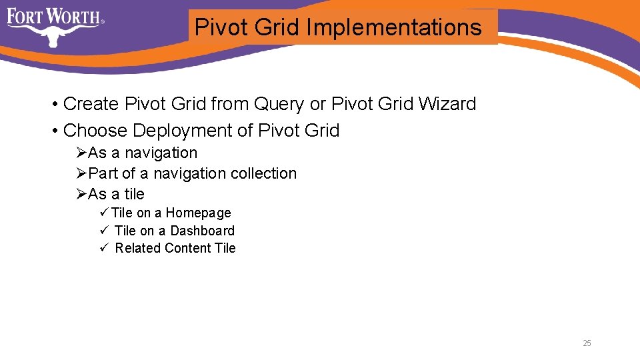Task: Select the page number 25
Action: click(x=587, y=343)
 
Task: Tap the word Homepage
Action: click(x=198, y=213)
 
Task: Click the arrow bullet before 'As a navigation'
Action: click(x=81, y=153)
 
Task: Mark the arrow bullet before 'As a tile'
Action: click(x=81, y=194)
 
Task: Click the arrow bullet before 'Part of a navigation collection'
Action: click(x=81, y=173)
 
